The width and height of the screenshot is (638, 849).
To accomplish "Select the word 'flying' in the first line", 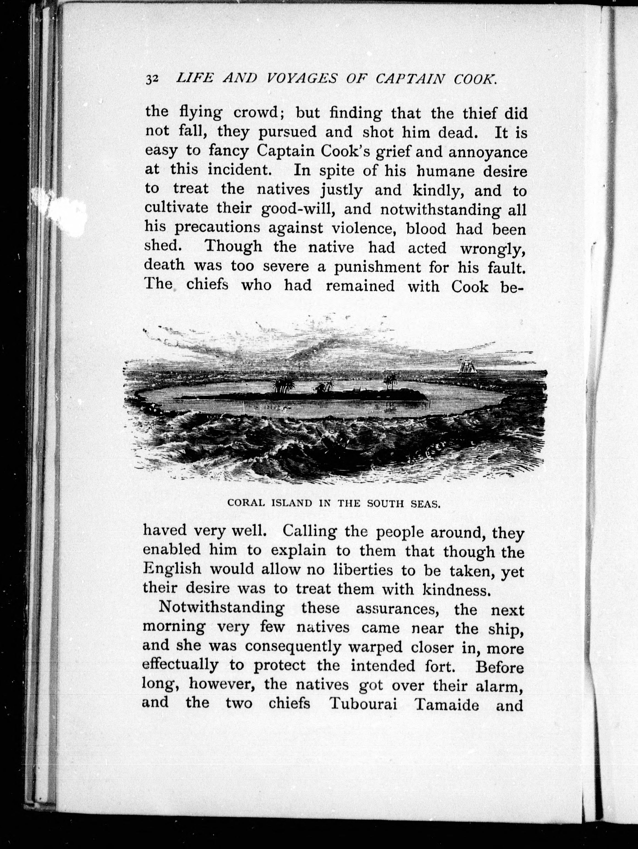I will tap(201, 113).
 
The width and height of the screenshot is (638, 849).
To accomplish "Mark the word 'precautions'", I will tap(217, 229).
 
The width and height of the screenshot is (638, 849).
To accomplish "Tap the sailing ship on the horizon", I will tap(467, 366).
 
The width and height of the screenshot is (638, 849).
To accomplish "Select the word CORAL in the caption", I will tap(246, 504).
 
